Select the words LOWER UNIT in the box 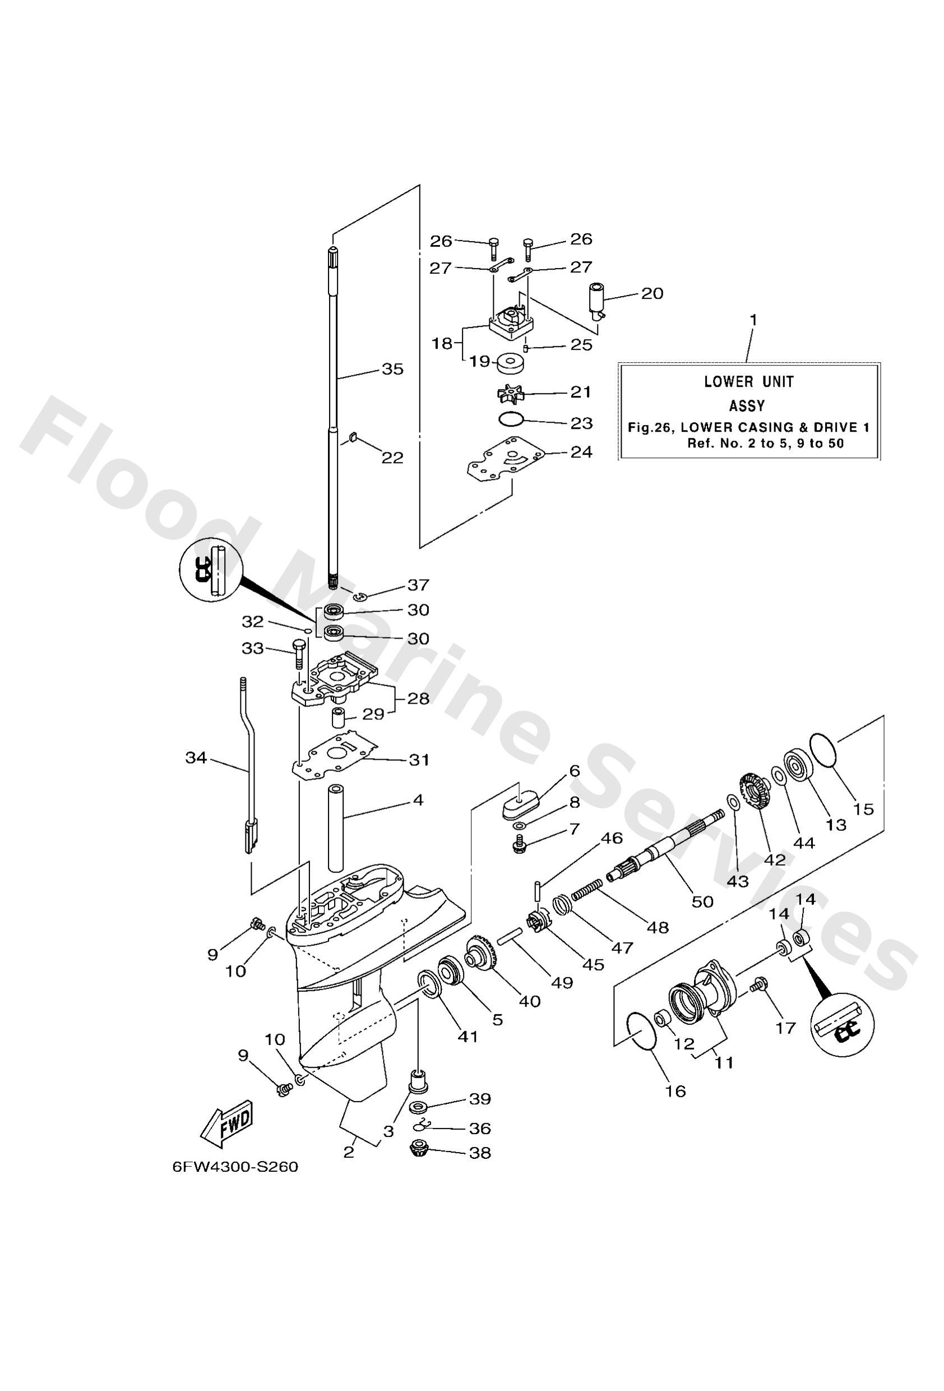coord(748,381)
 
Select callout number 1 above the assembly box coord(753,321)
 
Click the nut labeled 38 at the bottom coord(419,1149)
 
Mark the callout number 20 coord(653,294)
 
